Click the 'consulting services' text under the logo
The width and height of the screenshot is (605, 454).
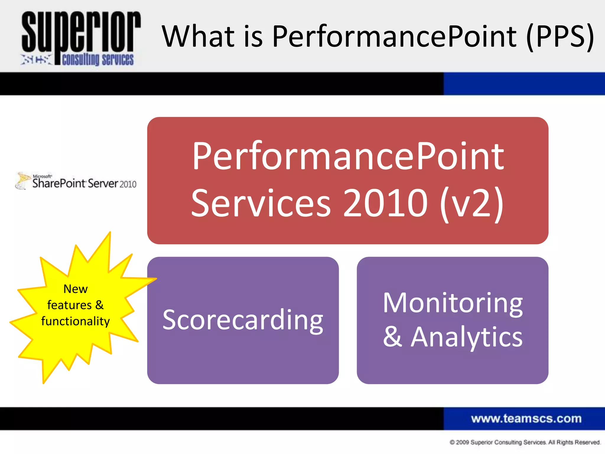click(x=98, y=59)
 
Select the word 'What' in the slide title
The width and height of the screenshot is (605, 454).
click(x=198, y=36)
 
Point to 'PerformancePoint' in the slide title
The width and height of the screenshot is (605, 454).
click(x=394, y=36)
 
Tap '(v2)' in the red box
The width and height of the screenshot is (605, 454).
click(x=472, y=203)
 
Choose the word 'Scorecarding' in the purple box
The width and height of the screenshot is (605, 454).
click(x=243, y=320)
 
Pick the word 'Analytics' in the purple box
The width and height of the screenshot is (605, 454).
click(x=467, y=337)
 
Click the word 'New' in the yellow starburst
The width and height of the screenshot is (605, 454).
click(x=76, y=289)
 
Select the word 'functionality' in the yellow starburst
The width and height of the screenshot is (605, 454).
click(x=76, y=321)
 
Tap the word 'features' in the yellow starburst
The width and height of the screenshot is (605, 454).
click(x=69, y=305)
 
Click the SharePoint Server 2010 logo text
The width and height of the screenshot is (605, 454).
click(x=84, y=183)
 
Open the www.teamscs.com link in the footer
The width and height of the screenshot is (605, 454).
click(x=526, y=419)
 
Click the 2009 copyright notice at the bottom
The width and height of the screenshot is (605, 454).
click(x=525, y=442)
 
